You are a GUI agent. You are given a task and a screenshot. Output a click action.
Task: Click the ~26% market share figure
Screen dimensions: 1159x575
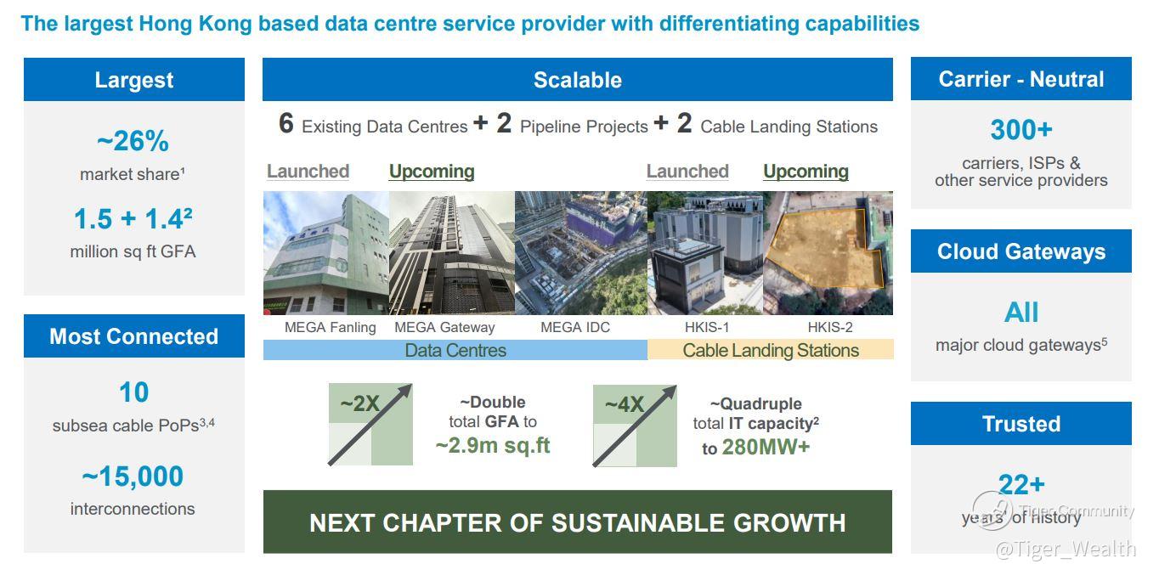pos(133,141)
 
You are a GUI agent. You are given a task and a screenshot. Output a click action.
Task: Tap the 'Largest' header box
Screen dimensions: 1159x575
pos(134,79)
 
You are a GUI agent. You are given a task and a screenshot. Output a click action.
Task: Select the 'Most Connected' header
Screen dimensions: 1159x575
pos(134,336)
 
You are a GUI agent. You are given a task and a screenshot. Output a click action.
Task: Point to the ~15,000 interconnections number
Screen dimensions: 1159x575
pos(133,476)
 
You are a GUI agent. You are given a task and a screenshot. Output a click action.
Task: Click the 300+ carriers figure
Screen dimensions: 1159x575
pos(1021,129)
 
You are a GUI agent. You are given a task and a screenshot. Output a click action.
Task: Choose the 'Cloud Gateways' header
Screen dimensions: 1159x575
pos(1020,251)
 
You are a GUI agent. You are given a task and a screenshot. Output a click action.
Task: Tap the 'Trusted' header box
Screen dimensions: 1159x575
pos(1020,424)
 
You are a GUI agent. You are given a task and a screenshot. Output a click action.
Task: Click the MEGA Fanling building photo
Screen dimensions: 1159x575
pos(326,253)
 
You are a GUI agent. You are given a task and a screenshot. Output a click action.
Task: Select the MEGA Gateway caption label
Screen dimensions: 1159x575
pos(444,327)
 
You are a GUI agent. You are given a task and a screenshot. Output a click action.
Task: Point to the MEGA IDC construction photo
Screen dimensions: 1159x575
pos(581,253)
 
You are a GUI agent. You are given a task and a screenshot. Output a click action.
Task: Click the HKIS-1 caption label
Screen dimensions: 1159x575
pos(707,327)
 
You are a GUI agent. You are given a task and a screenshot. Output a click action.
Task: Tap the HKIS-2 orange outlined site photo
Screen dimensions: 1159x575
pos(828,253)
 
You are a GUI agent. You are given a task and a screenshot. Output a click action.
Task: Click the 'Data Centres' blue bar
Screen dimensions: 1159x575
pos(455,350)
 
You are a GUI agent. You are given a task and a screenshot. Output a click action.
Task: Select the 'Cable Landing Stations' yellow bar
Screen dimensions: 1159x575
pos(771,350)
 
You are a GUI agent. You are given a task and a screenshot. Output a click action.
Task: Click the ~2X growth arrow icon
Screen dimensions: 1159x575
pos(370,425)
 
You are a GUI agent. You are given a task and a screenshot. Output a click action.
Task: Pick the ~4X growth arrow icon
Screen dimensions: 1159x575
pos(635,426)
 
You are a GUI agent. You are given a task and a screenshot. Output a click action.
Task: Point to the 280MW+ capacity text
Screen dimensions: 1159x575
pos(766,448)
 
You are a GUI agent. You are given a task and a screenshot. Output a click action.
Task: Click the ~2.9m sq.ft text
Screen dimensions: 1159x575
pos(493,445)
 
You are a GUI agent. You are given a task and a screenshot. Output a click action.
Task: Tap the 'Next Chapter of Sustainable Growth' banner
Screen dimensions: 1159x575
pos(578,521)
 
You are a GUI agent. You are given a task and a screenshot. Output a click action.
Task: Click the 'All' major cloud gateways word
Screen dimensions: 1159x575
pos(1020,313)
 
